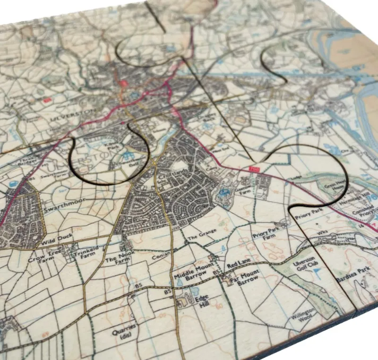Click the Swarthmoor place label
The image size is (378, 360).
click(60, 207)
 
